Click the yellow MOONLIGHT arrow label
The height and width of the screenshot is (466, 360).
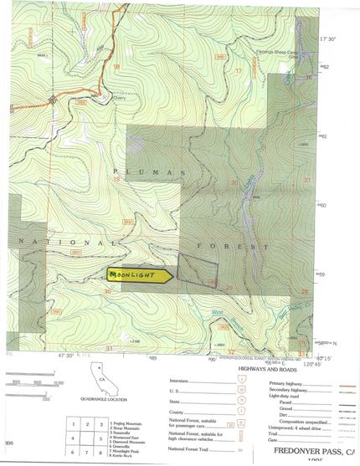[139, 274]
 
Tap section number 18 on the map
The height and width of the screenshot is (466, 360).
[116, 67]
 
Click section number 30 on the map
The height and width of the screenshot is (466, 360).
[108, 291]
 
